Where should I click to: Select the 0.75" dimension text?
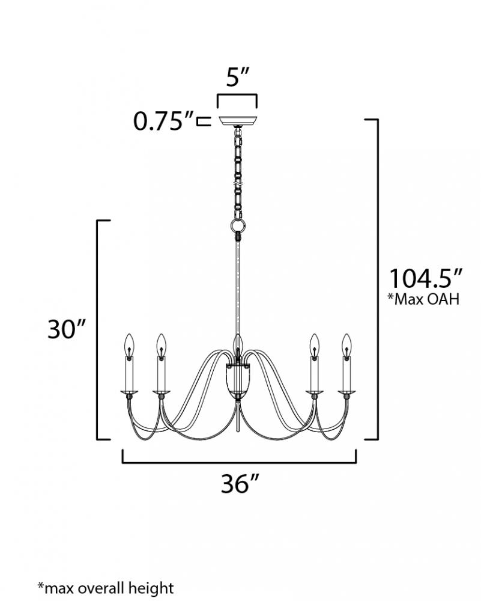pos(163,121)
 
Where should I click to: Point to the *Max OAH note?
pos(423,299)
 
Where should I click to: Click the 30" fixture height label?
pos(66,329)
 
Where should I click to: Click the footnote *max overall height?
pos(105,588)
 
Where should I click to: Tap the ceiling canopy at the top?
pos(237,121)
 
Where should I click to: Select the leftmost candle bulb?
pos(130,344)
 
